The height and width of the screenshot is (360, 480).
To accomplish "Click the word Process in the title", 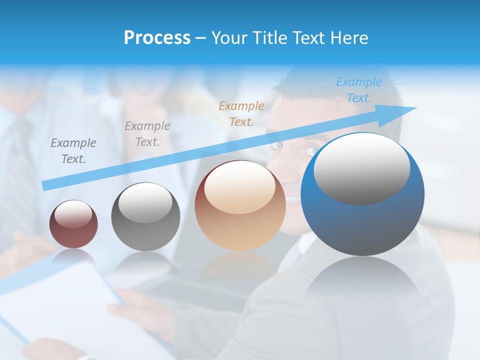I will (x=157, y=38).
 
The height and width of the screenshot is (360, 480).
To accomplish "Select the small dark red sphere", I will (x=73, y=224).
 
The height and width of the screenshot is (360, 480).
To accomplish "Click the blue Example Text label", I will (x=358, y=90).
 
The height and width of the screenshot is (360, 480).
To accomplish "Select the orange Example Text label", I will (x=241, y=113).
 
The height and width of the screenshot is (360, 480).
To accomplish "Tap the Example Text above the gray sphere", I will (x=147, y=134).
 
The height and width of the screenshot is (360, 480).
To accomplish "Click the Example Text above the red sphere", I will (x=73, y=151).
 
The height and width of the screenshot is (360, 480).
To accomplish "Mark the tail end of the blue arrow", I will (x=45, y=185).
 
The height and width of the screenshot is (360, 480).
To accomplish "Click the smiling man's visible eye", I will (x=311, y=149).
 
